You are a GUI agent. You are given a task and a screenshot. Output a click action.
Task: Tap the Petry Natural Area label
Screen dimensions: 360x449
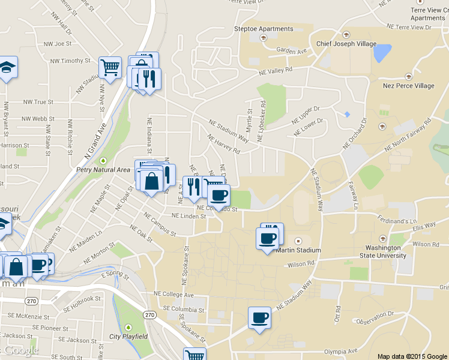[x=103, y=170]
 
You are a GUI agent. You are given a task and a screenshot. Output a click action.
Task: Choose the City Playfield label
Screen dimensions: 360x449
[x=128, y=337]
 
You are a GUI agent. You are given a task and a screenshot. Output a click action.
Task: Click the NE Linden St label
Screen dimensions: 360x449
[x=188, y=216]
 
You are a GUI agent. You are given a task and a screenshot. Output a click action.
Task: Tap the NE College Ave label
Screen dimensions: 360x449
[x=173, y=295]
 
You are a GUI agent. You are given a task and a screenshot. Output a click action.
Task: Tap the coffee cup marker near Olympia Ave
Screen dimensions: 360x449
[x=259, y=318]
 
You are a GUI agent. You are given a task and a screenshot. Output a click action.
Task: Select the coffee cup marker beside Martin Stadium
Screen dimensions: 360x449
[x=268, y=238]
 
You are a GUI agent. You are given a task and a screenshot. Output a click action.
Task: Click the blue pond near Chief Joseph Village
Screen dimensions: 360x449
[x=381, y=53]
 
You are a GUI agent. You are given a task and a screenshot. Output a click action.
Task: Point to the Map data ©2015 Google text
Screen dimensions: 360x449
[x=412, y=356]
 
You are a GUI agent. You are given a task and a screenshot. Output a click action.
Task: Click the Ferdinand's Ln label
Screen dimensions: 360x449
[x=397, y=221]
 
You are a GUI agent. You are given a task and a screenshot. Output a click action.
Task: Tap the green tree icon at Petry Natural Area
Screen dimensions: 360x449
[x=103, y=161]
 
